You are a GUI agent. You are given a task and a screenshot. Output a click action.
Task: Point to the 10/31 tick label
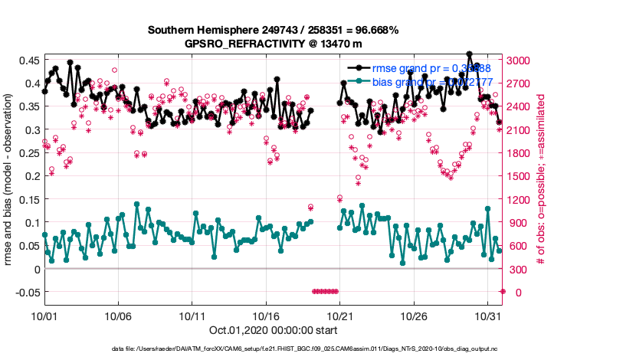488,316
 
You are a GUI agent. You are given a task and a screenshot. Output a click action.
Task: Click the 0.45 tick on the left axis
28,60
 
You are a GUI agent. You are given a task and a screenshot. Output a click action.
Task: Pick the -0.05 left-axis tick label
26,293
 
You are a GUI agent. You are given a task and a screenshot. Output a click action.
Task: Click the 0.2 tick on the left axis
33,176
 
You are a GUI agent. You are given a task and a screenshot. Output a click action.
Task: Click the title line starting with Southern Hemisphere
273,30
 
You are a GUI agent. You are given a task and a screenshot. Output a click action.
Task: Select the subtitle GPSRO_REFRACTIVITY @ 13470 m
273,44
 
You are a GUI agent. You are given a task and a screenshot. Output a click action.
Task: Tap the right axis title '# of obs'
540,181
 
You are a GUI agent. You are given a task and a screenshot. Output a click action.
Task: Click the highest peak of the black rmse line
469,54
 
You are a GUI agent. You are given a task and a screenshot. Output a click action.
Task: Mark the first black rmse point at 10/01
44,91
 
